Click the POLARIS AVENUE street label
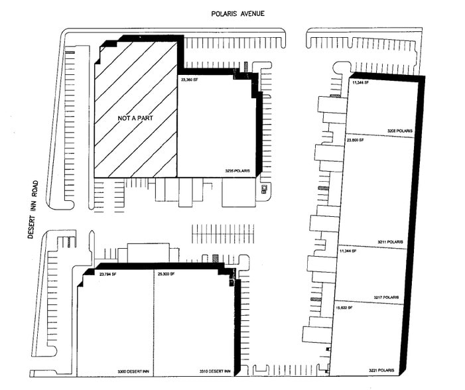[x=237, y=13]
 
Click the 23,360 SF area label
[x=190, y=80]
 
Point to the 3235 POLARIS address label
[x=237, y=171]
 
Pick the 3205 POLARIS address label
[x=400, y=131]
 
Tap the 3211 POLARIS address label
[x=391, y=241]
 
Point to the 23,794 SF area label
[x=107, y=274]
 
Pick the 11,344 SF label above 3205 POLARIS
[x=362, y=83]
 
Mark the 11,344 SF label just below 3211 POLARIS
[x=348, y=251]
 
